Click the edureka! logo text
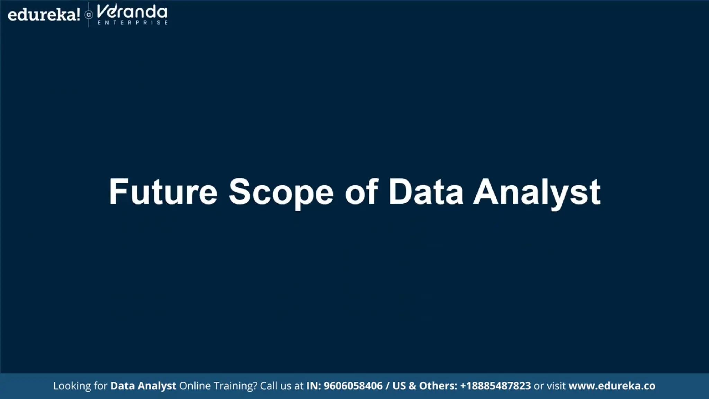[x=44, y=15]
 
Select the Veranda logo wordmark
[x=132, y=12]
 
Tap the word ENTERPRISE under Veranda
[x=133, y=23]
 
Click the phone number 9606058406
[x=353, y=386]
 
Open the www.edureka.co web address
[x=612, y=386]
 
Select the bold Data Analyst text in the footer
[x=143, y=386]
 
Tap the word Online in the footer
[x=195, y=386]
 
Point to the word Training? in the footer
[x=235, y=386]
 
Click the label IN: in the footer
[x=314, y=386]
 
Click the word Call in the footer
[x=268, y=386]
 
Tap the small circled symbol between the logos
[x=89, y=15]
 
